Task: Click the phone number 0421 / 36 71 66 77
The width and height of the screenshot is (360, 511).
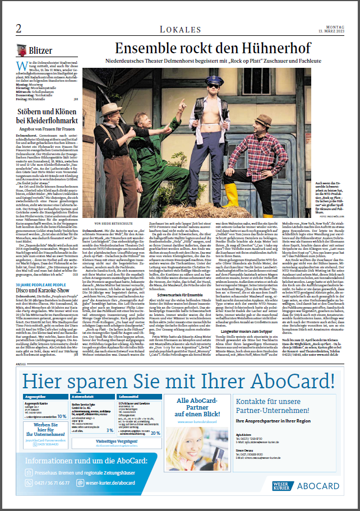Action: (55, 482)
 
